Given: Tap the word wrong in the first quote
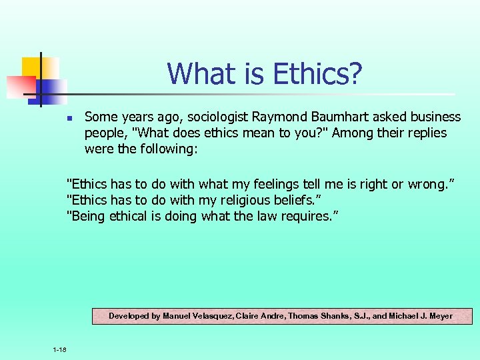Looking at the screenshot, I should [423, 185].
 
